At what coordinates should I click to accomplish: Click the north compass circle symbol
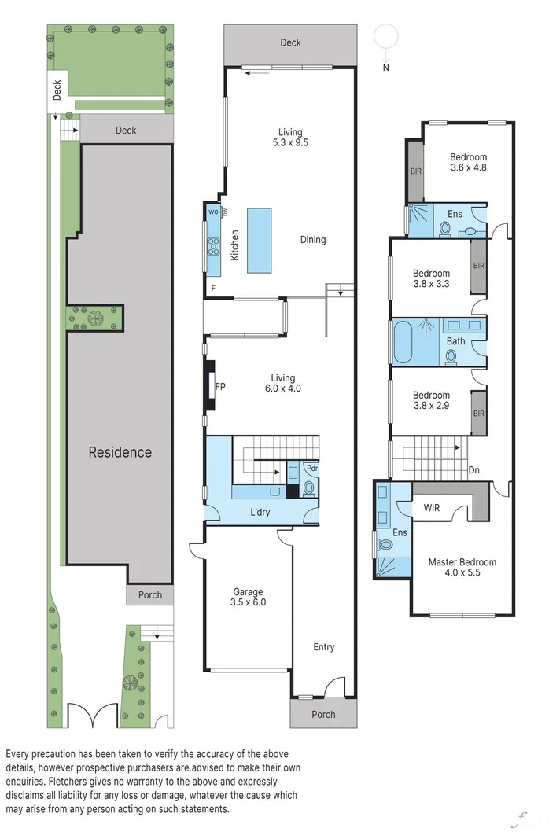(x=385, y=36)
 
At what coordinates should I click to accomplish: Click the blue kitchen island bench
(x=259, y=241)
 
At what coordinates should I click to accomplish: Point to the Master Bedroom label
(x=462, y=568)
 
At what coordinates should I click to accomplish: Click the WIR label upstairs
(x=432, y=508)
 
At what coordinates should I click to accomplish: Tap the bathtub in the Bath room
(x=407, y=341)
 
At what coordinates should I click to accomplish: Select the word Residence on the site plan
(x=120, y=452)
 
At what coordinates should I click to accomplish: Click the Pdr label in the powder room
(x=311, y=469)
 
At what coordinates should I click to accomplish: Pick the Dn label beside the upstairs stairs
(x=473, y=470)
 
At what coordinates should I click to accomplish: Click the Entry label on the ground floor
(x=323, y=647)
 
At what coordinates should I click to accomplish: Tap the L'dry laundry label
(x=260, y=513)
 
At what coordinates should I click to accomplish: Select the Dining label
(x=312, y=240)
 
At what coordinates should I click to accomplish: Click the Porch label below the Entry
(x=323, y=715)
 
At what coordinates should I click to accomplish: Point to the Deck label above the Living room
(x=290, y=42)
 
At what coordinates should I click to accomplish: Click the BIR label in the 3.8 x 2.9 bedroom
(x=478, y=413)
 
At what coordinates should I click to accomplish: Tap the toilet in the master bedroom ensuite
(x=386, y=543)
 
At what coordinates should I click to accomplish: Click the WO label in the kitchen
(x=213, y=212)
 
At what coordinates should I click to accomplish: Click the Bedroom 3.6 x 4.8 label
(x=468, y=162)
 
